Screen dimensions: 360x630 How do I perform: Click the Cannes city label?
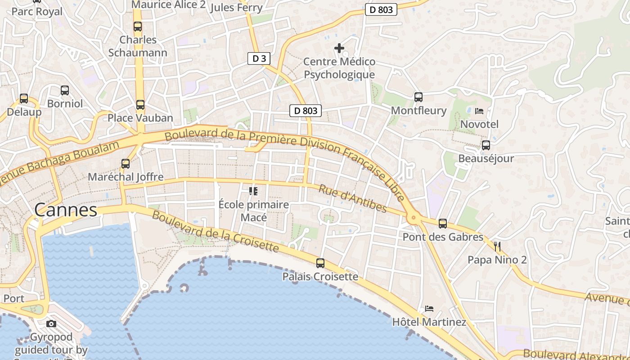point(66,210)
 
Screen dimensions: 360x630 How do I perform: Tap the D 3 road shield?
point(259,58)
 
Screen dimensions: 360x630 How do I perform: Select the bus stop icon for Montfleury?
point(418,97)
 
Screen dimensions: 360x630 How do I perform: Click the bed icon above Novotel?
point(479,111)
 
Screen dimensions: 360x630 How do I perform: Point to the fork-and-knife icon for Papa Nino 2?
point(497,246)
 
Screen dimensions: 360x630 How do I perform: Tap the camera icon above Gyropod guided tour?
point(51,324)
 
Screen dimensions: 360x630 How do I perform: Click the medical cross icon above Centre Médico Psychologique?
point(339,48)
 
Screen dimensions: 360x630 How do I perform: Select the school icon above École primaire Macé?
point(253,191)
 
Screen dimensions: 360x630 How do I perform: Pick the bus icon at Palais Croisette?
point(320,263)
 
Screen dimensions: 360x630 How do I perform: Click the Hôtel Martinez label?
point(429,322)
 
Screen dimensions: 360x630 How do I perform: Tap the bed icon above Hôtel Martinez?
point(429,309)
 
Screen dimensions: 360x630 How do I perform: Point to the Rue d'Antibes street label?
point(352,198)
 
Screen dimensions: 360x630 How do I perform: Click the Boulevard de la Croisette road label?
point(215,231)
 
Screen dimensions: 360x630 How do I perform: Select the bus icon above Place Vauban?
point(140,105)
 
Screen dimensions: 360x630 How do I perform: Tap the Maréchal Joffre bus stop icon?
point(126,164)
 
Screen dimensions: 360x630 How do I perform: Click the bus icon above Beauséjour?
point(486,145)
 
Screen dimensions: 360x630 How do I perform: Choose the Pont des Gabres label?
point(443,237)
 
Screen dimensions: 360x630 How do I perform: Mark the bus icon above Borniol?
point(65,90)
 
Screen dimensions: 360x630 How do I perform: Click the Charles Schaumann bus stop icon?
point(138,27)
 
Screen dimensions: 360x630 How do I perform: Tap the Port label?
point(14,298)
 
